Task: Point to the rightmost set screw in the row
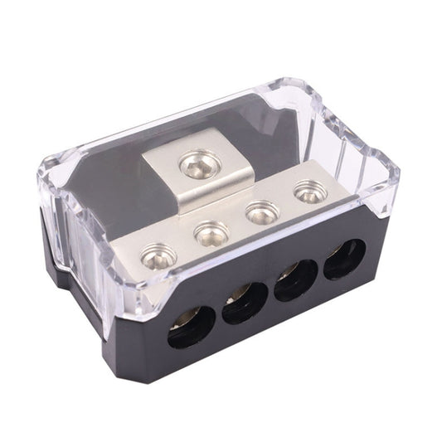[x=309, y=194]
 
